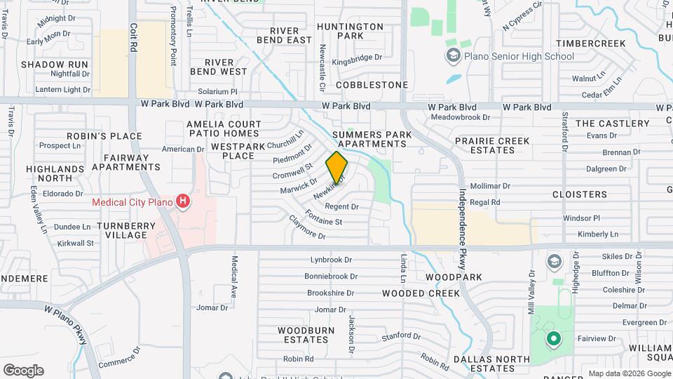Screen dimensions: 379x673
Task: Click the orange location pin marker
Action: [337, 167]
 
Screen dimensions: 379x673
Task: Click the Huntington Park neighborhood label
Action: [350, 31]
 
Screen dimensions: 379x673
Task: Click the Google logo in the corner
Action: [23, 370]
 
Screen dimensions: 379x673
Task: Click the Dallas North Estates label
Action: [484, 364]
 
